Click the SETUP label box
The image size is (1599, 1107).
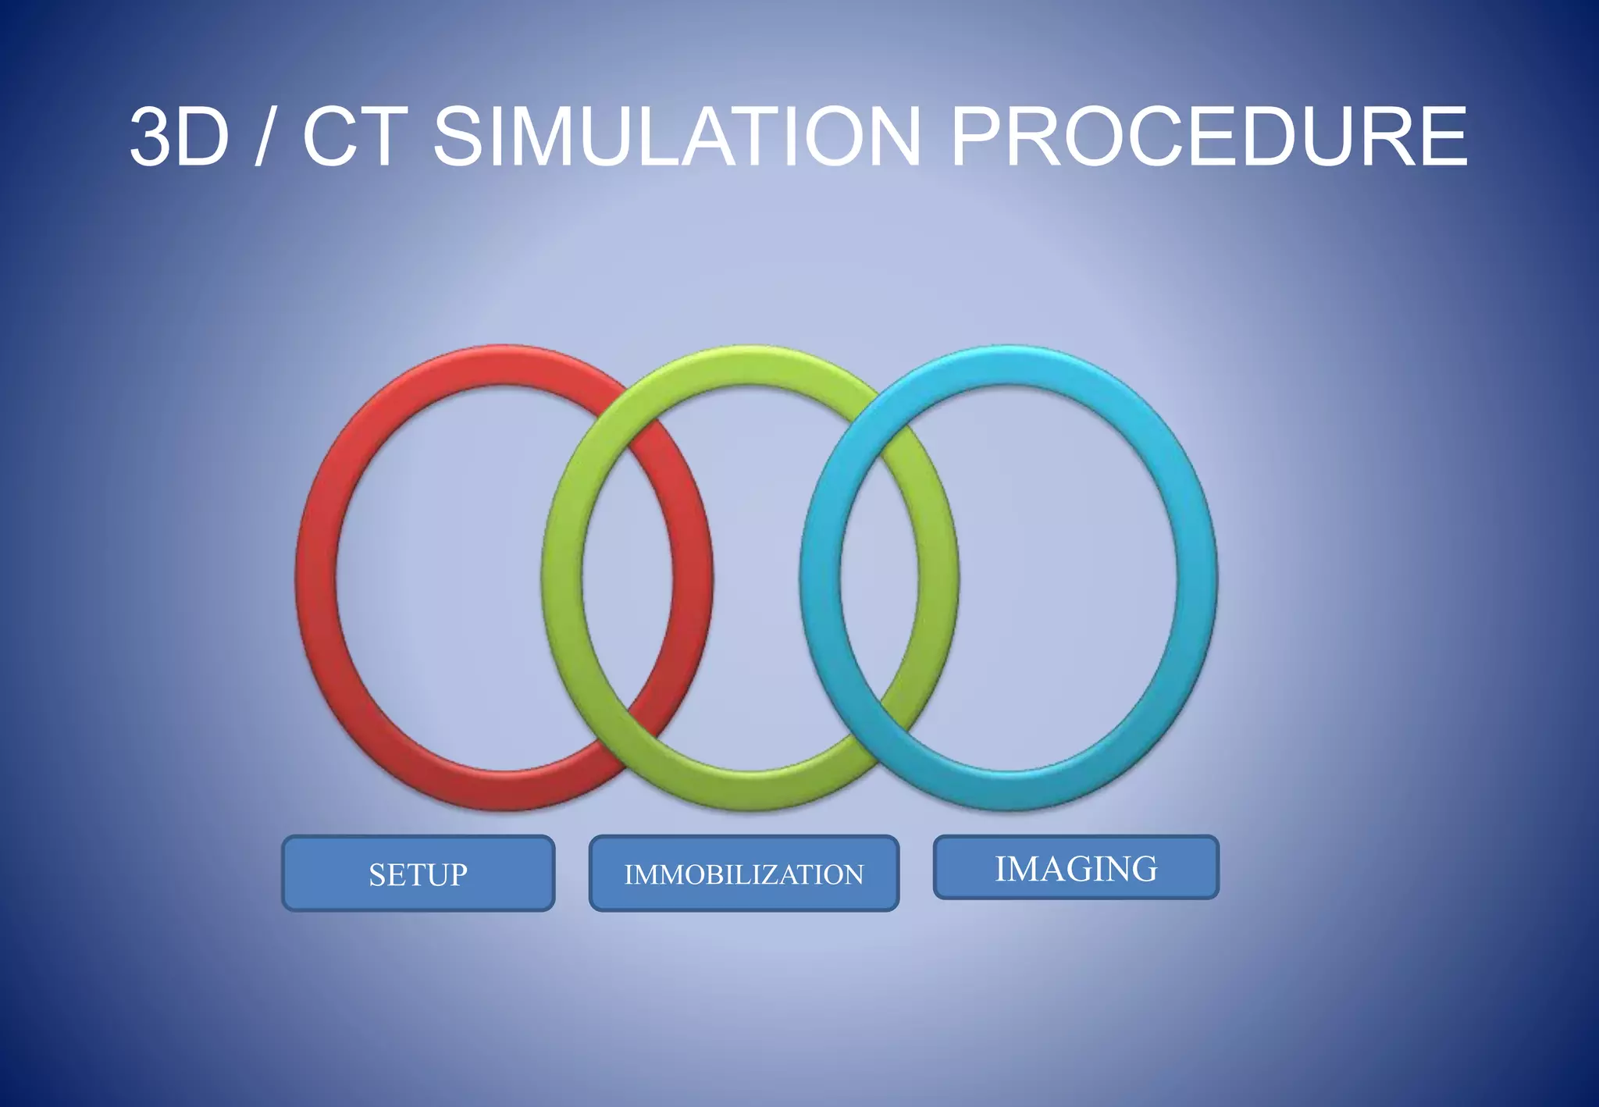click(418, 874)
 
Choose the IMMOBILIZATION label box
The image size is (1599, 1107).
click(744, 874)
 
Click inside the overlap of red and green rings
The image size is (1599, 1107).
click(627, 578)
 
